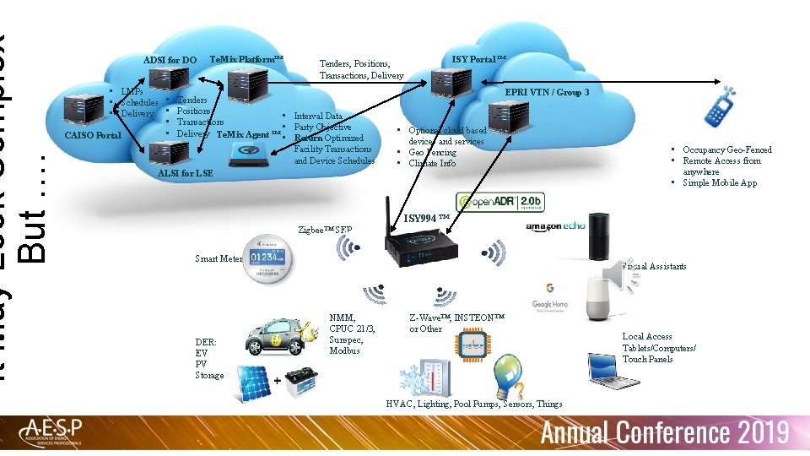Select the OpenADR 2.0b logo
click(499, 203)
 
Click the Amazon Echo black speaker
click(598, 236)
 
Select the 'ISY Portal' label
click(478, 58)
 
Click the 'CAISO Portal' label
click(93, 135)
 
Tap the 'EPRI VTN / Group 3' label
click(546, 91)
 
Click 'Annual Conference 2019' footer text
click(664, 433)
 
